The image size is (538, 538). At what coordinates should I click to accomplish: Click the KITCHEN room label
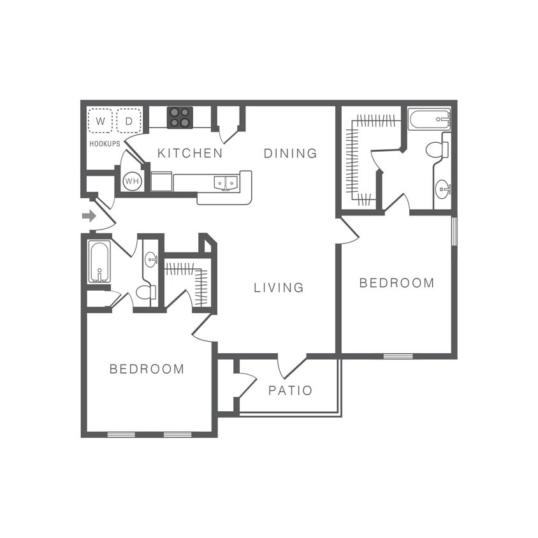pyautogui.click(x=190, y=153)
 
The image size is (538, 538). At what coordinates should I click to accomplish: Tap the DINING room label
pyautogui.click(x=290, y=153)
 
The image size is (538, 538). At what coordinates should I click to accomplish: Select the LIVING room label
pyautogui.click(x=279, y=287)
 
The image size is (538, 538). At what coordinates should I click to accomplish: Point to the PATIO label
pyautogui.click(x=290, y=390)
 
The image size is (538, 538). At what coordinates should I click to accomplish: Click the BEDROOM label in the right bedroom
pyautogui.click(x=396, y=283)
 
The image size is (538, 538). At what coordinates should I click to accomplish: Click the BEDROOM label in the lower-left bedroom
pyautogui.click(x=147, y=369)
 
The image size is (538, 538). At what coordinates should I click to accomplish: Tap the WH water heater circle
pyautogui.click(x=132, y=182)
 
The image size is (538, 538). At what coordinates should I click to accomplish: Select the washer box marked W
pyautogui.click(x=101, y=120)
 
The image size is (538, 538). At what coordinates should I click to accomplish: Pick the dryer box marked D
pyautogui.click(x=129, y=120)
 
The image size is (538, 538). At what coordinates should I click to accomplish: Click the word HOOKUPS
pyautogui.click(x=105, y=144)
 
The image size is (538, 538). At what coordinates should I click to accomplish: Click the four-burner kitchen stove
pyautogui.click(x=180, y=117)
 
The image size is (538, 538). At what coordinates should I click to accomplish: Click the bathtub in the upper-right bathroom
pyautogui.click(x=429, y=119)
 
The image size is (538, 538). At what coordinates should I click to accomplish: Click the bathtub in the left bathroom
pyautogui.click(x=99, y=261)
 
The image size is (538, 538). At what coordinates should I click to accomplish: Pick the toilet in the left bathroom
pyautogui.click(x=146, y=293)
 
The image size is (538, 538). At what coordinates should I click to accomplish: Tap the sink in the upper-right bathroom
pyautogui.click(x=442, y=189)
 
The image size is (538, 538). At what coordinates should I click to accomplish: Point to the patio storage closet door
pyautogui.click(x=245, y=386)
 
